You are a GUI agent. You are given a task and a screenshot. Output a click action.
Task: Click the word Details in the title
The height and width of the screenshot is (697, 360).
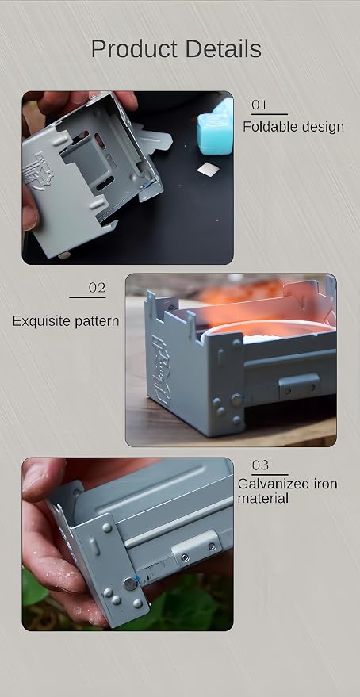[x=224, y=48]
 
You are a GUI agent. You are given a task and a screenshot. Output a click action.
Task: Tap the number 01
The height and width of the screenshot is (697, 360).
[x=259, y=105]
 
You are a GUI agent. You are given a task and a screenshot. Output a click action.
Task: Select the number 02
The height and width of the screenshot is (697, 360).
[x=98, y=288]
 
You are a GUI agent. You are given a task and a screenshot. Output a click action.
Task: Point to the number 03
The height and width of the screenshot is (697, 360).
[x=260, y=465]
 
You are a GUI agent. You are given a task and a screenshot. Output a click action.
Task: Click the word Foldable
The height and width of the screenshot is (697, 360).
[x=265, y=127]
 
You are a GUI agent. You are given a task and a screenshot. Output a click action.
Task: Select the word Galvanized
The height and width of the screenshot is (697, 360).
[x=271, y=484]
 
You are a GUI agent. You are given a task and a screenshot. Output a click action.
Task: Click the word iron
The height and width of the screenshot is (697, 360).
[x=323, y=484]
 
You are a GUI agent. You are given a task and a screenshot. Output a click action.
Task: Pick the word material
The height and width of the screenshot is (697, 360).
[x=263, y=498]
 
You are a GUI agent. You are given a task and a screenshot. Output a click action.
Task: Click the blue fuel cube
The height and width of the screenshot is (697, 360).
[x=216, y=128]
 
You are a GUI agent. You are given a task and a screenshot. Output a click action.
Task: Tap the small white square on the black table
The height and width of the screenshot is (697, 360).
[x=209, y=169]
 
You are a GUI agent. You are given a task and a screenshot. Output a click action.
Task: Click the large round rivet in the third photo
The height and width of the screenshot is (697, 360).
[x=130, y=584]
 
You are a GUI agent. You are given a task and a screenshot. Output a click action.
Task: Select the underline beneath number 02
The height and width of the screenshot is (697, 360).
[x=87, y=297]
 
